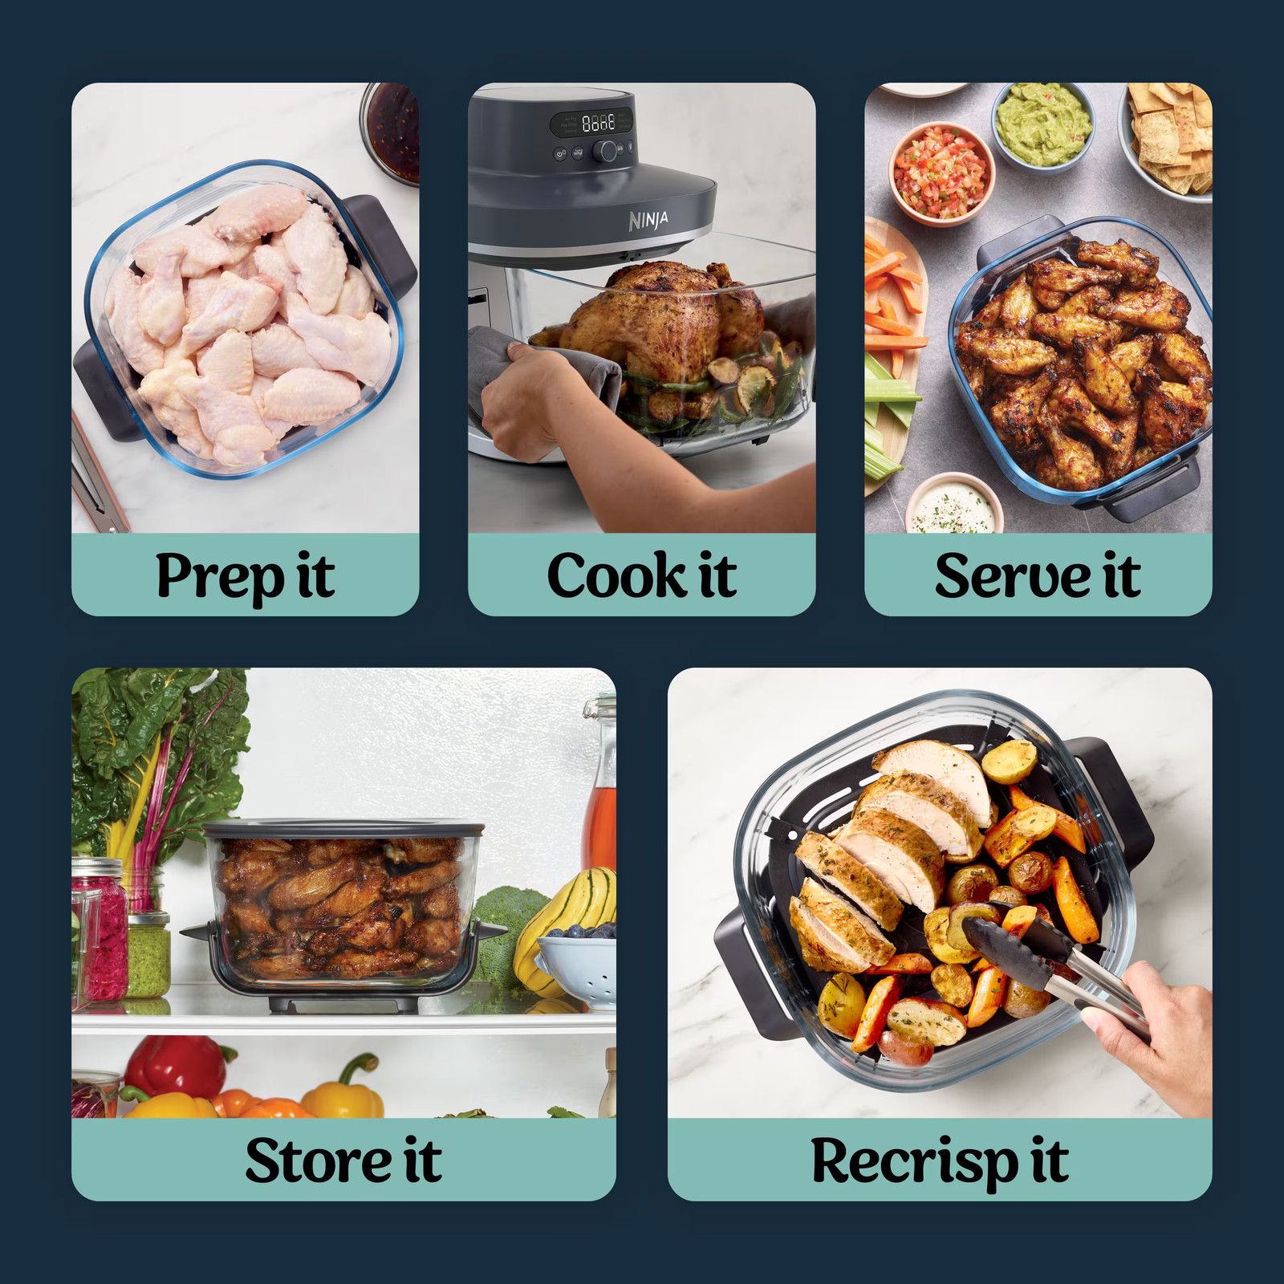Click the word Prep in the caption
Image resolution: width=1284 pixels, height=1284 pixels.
pyautogui.click(x=219, y=576)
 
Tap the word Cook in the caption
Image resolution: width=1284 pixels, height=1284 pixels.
pyautogui.click(x=616, y=576)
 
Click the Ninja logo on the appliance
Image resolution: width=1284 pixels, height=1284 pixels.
pyautogui.click(x=648, y=220)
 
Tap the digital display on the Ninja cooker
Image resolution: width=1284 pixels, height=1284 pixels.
pyautogui.click(x=598, y=123)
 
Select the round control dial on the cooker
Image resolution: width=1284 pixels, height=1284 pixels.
pyautogui.click(x=605, y=150)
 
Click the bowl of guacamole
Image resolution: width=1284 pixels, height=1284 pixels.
pyautogui.click(x=1042, y=127)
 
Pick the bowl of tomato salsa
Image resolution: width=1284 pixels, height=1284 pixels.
pyautogui.click(x=941, y=173)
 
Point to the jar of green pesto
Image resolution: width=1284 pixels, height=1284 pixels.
pyautogui.click(x=148, y=955)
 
